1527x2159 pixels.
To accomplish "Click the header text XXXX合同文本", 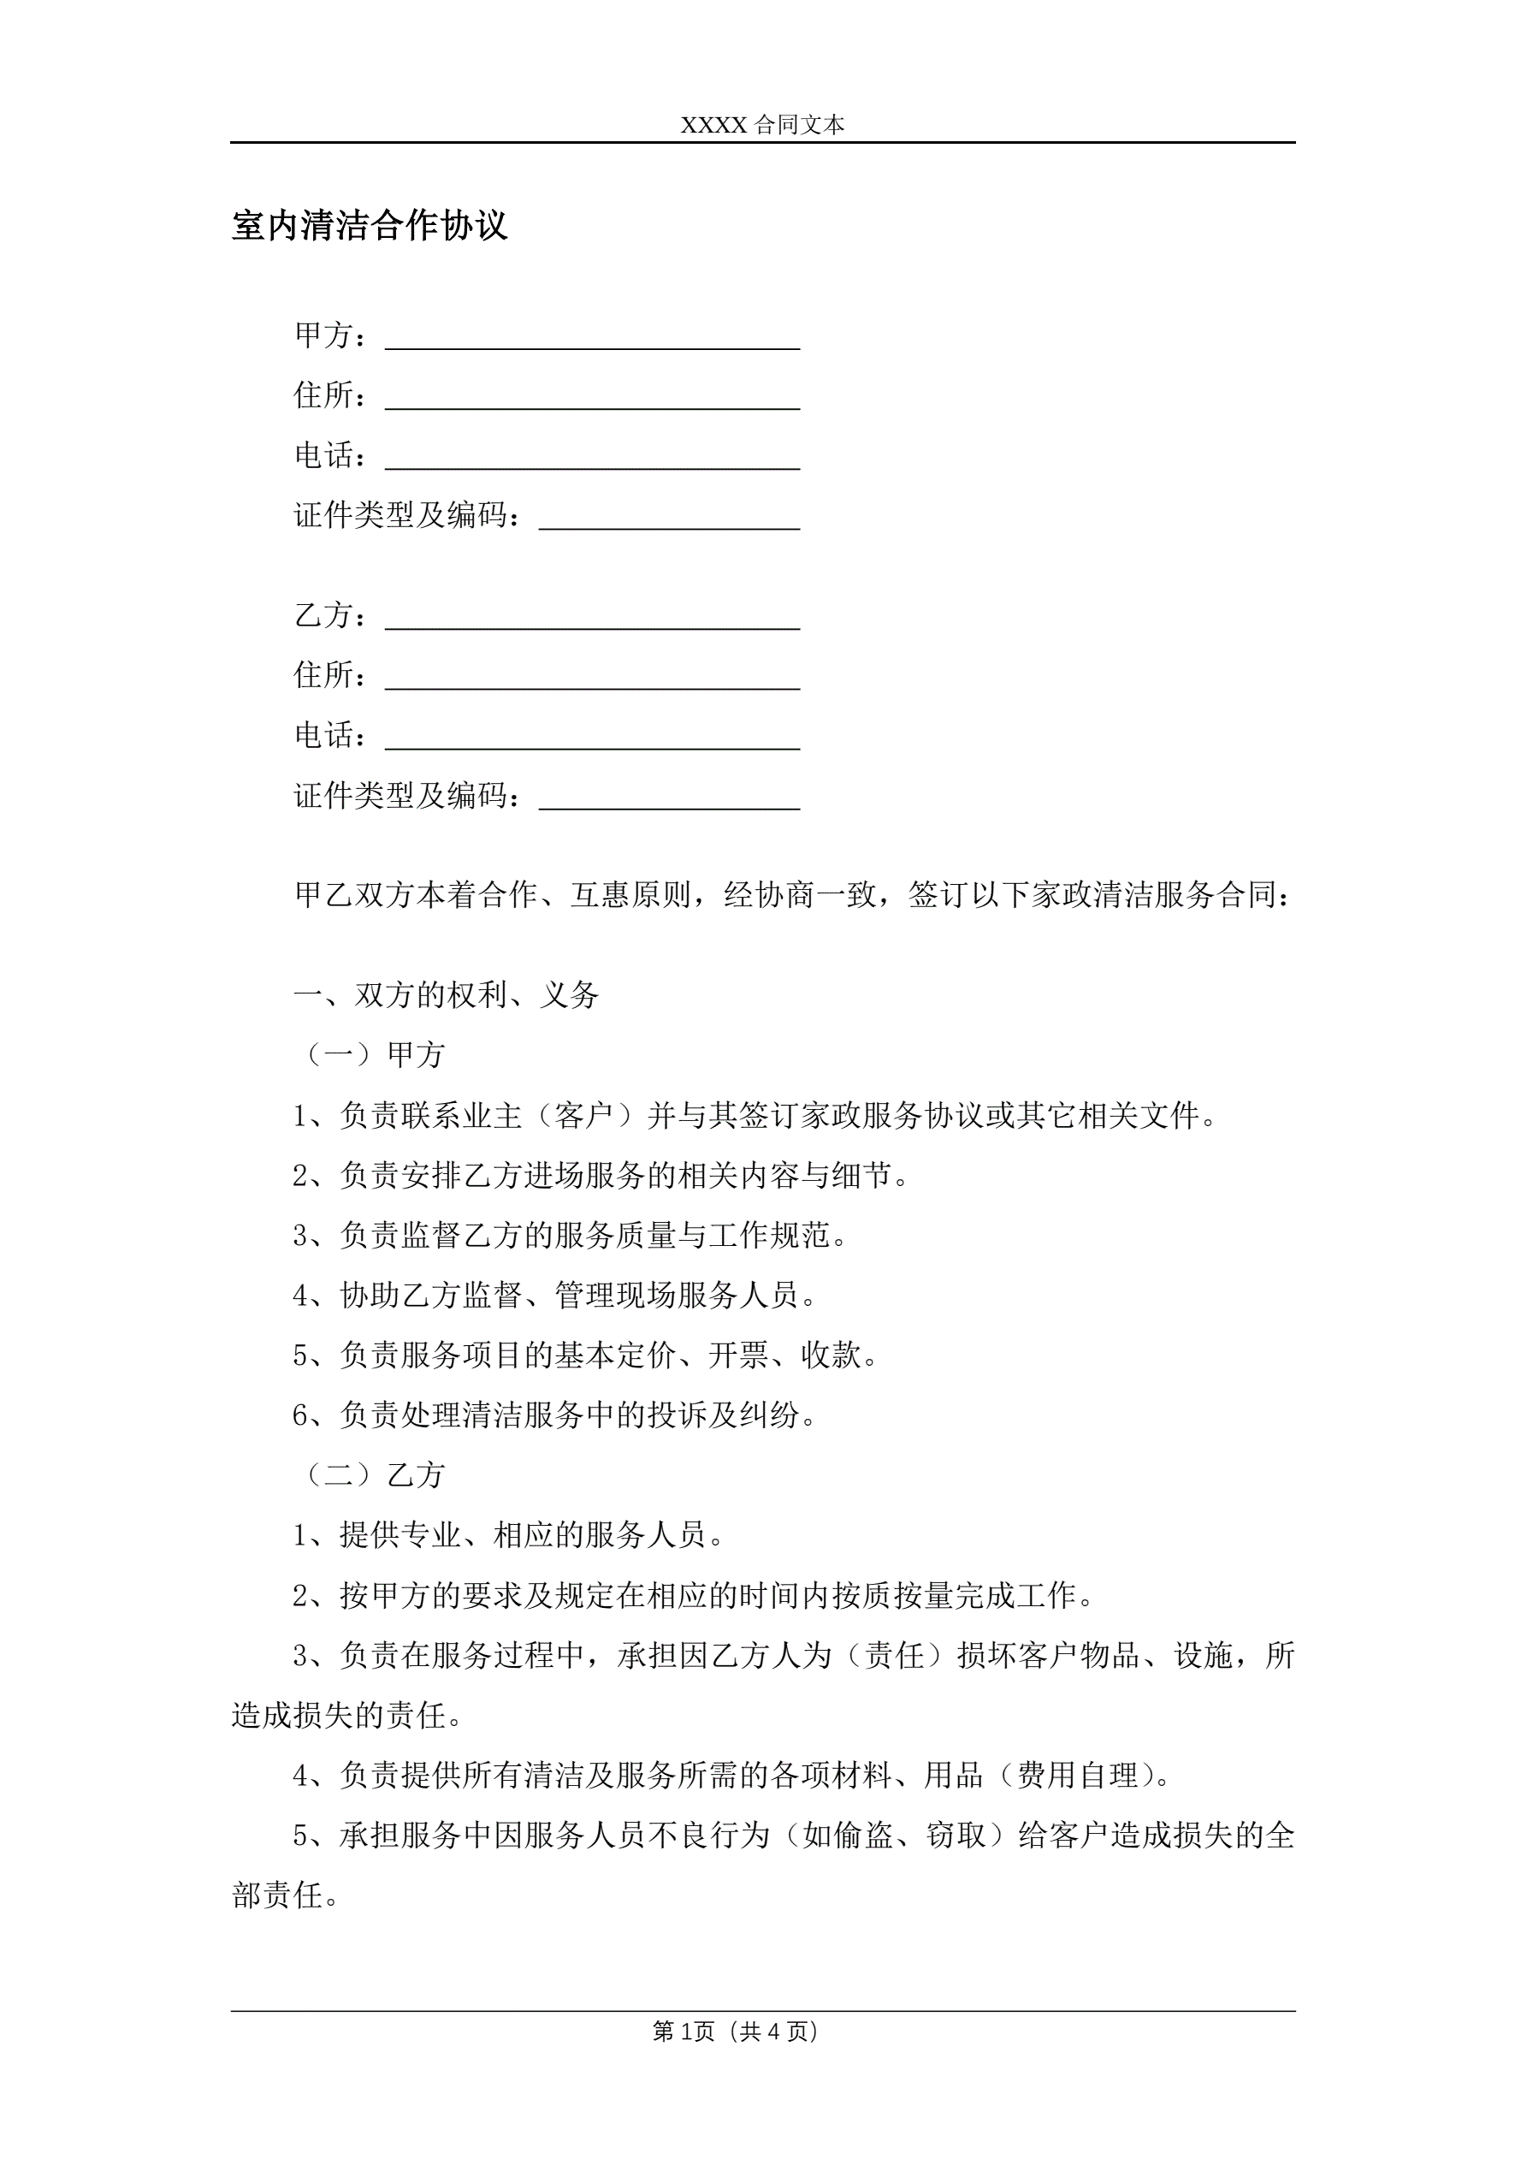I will click(761, 125).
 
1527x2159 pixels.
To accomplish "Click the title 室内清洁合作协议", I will click(370, 226).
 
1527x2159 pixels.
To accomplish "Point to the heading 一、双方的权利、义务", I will click(446, 995).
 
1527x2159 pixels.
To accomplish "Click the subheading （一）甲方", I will click(370, 1055).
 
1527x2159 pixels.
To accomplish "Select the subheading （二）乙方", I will click(370, 1475).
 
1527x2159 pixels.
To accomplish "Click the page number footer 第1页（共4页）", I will click(736, 2031).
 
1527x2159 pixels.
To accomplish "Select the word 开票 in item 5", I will click(738, 1355).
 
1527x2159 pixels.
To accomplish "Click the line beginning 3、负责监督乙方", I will click(570, 1236).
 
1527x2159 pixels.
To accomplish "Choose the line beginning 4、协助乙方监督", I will click(554, 1296).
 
